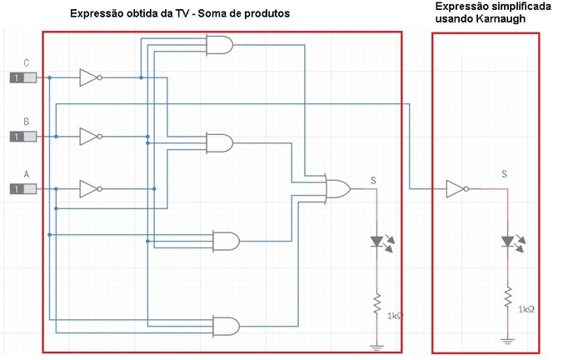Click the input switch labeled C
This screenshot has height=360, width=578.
tap(22, 77)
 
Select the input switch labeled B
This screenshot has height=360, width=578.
tap(22, 137)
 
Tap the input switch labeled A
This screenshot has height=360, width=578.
tap(22, 189)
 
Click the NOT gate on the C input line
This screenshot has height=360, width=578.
tap(91, 77)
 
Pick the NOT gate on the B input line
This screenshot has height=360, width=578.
tap(91, 137)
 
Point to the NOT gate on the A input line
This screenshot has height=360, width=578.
tap(91, 189)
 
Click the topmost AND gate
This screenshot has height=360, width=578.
tap(220, 45)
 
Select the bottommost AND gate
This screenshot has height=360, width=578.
tap(227, 326)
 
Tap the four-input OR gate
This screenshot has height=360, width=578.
tap(337, 189)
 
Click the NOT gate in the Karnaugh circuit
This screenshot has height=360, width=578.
tap(457, 189)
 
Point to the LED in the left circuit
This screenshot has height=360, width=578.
tap(382, 242)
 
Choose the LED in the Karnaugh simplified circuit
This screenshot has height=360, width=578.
tap(513, 242)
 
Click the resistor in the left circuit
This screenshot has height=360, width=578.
tap(376, 303)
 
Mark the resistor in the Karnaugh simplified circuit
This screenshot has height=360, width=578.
tap(507, 297)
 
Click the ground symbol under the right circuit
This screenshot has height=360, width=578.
tap(507, 341)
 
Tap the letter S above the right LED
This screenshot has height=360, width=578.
tap(504, 173)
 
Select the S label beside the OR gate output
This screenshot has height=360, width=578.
tap(373, 180)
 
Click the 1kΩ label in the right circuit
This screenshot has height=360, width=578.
tap(526, 309)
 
